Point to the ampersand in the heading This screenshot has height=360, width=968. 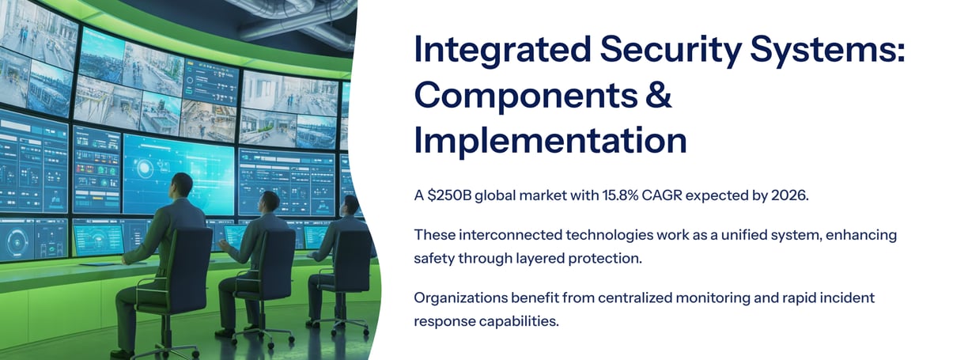pyautogui.click(x=659, y=95)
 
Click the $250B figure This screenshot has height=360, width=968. pyautogui.click(x=448, y=195)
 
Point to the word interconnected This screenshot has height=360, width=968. pyautogui.click(x=510, y=235)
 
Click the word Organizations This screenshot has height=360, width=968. pyautogui.click(x=460, y=298)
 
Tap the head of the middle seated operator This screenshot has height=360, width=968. pyautogui.click(x=270, y=203)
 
